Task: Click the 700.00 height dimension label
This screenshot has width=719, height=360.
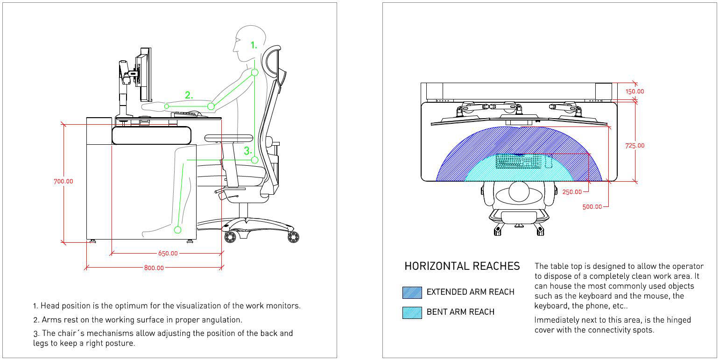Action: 63,181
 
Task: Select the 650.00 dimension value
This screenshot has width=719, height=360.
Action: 168,254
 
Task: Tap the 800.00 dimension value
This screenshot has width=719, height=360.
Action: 154,268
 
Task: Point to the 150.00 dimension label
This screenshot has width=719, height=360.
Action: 634,92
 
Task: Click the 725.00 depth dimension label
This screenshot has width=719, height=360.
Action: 634,146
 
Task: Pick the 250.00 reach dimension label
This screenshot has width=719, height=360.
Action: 572,192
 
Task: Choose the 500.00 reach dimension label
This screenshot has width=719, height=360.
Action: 592,207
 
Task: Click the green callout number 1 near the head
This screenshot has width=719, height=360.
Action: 254,45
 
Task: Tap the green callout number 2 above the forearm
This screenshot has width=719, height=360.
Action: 188,95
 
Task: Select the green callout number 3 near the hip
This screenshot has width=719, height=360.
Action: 247,151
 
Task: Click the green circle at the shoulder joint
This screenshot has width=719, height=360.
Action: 254,72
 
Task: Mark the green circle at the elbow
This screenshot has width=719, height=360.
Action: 211,106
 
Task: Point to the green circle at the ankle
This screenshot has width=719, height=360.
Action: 177,229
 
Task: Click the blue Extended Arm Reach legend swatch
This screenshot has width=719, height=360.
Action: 412,292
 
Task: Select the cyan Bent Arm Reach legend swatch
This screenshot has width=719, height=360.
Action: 412,312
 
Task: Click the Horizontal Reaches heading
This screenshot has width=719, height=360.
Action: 462,266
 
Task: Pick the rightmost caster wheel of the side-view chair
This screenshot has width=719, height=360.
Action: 293,237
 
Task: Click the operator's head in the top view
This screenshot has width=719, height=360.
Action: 518,191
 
